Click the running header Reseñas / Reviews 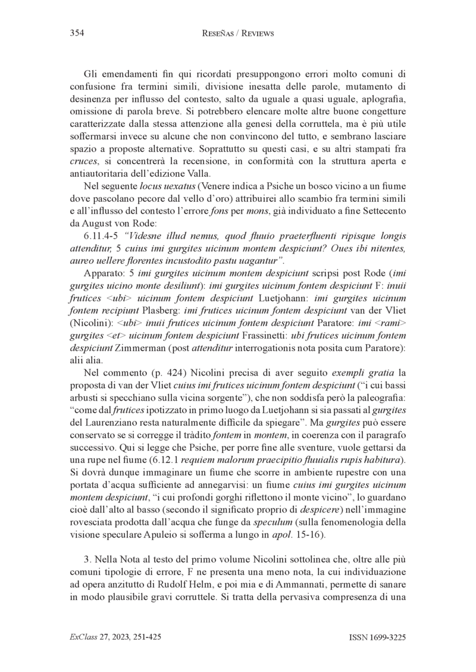click(x=237, y=34)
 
